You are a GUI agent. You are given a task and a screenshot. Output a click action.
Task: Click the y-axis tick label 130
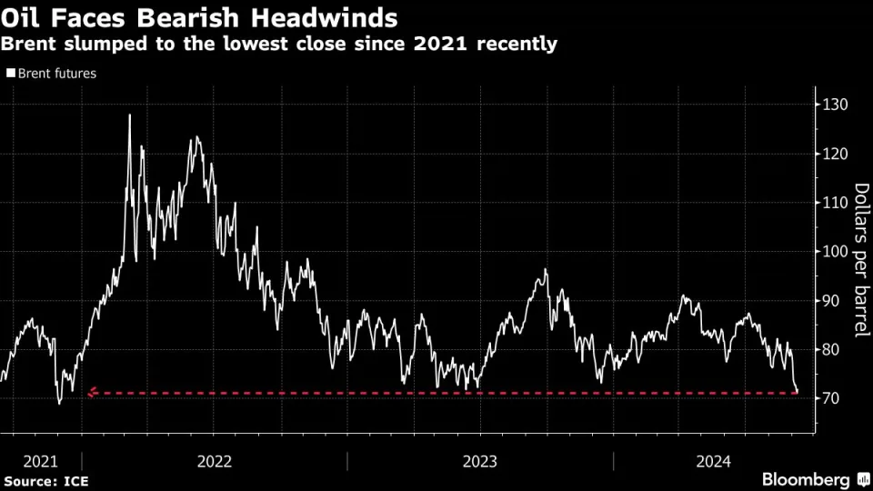tap(835, 105)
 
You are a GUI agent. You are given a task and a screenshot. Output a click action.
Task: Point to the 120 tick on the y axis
tap(835, 154)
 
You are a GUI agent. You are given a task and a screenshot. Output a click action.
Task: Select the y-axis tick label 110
tap(835, 203)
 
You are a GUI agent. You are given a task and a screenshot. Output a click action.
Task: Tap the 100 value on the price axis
tap(835, 252)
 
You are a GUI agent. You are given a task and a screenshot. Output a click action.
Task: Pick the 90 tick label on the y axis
tap(831, 301)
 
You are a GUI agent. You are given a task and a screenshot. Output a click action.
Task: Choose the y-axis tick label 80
tap(831, 350)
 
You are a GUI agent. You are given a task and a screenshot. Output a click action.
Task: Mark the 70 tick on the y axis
tap(831, 399)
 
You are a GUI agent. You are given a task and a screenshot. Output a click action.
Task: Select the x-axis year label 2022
tap(214, 461)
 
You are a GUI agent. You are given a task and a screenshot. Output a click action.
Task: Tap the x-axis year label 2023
tap(479, 461)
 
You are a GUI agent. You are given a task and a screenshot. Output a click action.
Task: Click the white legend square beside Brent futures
tap(11, 74)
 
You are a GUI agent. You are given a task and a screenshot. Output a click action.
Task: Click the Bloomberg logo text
tap(805, 479)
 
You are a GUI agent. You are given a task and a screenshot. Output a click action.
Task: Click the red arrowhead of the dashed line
tap(90, 394)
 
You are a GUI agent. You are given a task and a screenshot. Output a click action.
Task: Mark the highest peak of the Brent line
tap(129, 115)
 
